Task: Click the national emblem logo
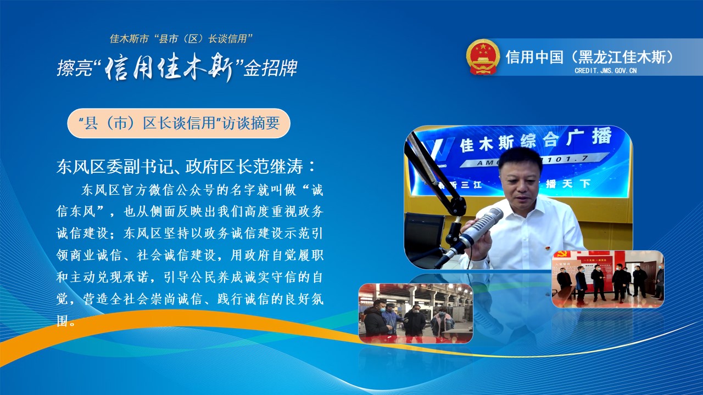tap(483, 57)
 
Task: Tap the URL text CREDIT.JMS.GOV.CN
tap(606, 71)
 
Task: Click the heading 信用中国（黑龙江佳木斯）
tap(590, 57)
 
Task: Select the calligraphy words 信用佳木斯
tap(170, 67)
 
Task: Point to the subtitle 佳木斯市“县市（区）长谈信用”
tap(181, 39)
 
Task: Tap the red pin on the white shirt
tap(545, 248)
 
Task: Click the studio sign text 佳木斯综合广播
tap(535, 140)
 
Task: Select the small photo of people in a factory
tap(416, 313)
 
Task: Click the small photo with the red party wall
tap(608, 279)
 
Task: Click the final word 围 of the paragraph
tap(62, 321)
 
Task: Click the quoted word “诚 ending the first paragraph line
tap(313, 190)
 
